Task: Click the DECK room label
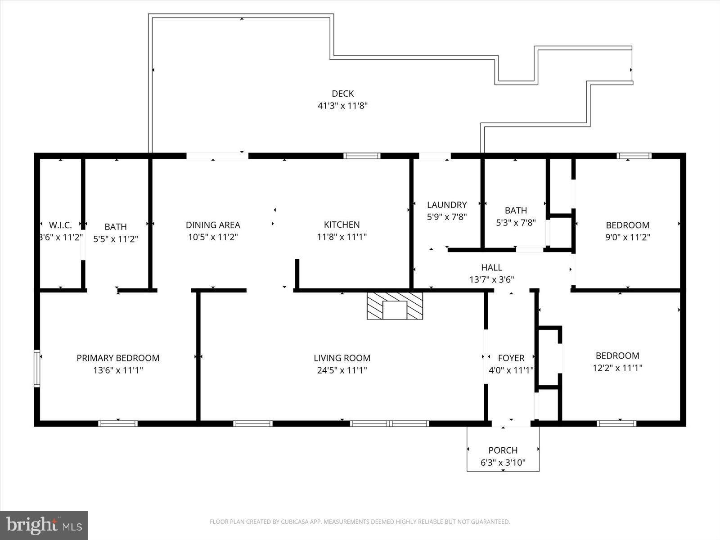click(342, 94)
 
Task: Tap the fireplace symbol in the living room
click(395, 306)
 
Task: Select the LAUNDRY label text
click(446, 205)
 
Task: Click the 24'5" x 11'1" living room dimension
click(342, 370)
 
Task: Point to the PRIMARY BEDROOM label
click(118, 358)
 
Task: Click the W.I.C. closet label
click(60, 225)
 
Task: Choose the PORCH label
click(503, 450)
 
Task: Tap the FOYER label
click(511, 358)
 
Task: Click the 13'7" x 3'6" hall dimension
click(491, 279)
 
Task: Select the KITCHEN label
click(342, 225)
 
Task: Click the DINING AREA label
click(213, 225)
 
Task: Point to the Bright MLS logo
click(44, 525)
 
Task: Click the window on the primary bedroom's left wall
click(37, 369)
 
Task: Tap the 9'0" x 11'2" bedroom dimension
click(627, 237)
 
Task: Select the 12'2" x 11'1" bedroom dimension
click(617, 368)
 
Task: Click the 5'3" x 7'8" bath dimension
click(516, 222)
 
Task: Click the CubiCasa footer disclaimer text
click(360, 522)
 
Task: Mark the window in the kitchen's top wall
click(362, 156)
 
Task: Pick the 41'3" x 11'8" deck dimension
click(342, 106)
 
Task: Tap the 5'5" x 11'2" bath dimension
click(116, 239)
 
